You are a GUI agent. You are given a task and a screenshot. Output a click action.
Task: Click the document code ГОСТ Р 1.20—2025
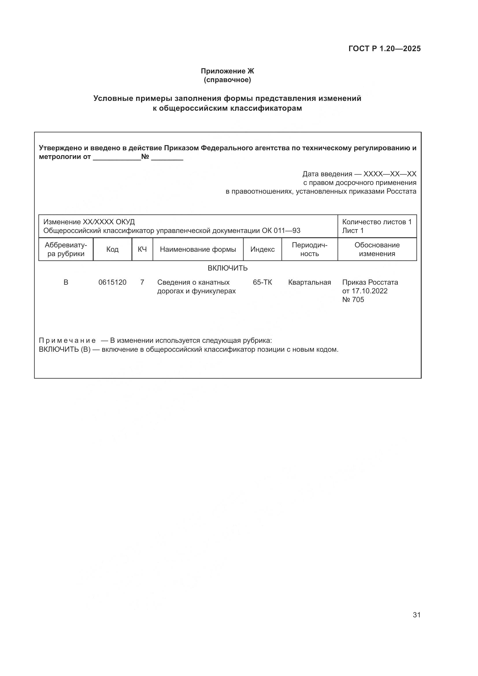click(384, 49)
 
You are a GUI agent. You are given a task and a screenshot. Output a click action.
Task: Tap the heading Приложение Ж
click(227, 71)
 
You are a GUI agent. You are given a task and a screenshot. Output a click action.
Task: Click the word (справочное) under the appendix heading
click(227, 80)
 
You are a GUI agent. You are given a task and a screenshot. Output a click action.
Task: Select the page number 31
click(416, 615)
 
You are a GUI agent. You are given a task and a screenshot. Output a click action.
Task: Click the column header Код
click(112, 249)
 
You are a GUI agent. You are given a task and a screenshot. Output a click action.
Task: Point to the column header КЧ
click(142, 249)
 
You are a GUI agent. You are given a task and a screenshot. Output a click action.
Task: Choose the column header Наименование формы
click(198, 249)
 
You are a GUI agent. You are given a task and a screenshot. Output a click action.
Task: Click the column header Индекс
click(262, 249)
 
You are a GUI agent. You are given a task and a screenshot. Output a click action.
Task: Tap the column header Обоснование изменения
click(377, 249)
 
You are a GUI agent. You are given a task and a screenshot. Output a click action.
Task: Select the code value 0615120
click(112, 282)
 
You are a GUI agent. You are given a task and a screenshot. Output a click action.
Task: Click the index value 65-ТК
click(262, 282)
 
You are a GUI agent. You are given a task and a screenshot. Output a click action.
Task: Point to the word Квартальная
click(309, 282)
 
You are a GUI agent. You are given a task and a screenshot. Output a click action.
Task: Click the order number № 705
click(353, 300)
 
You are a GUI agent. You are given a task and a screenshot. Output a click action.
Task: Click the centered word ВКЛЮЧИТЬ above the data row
click(227, 268)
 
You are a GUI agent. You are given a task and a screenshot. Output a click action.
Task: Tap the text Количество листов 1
click(377, 222)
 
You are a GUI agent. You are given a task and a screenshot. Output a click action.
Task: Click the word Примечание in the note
click(67, 341)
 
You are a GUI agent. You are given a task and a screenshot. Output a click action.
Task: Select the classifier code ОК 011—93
click(281, 231)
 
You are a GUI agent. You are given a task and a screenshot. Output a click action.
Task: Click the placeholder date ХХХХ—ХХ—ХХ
click(390, 174)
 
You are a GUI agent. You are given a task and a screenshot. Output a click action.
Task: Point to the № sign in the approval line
click(145, 157)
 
